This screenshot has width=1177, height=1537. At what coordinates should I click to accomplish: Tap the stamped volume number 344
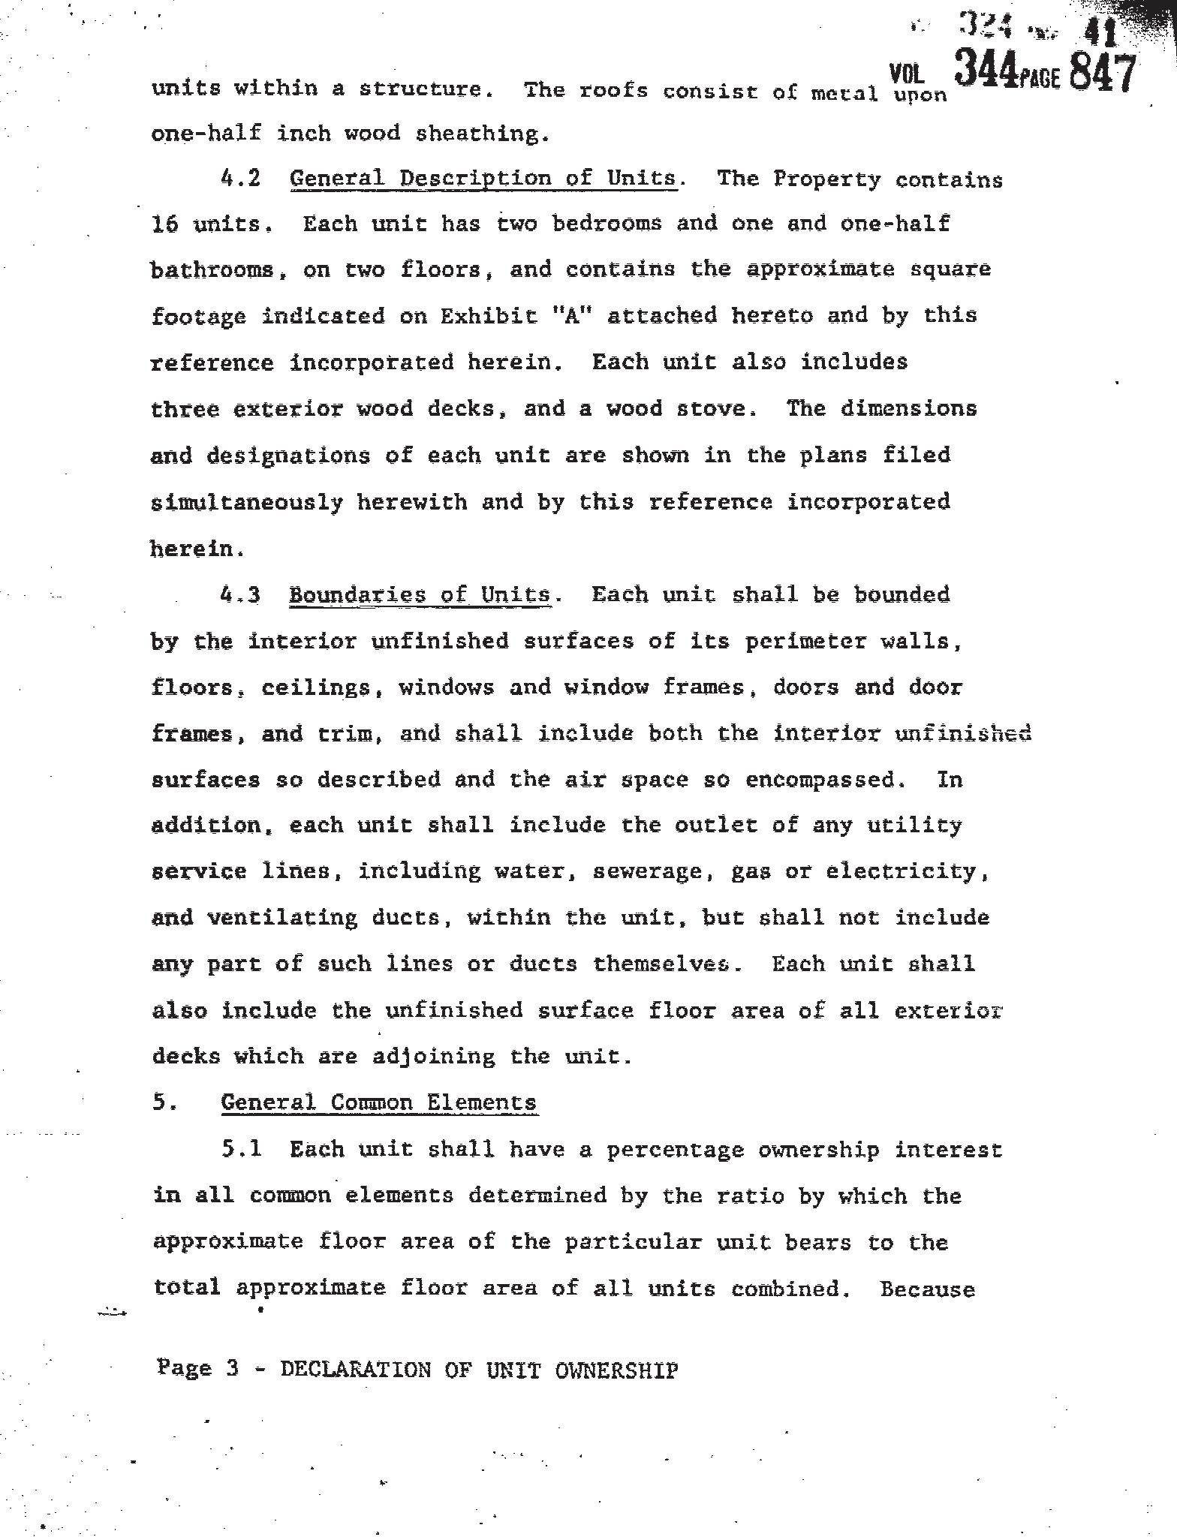[x=985, y=72]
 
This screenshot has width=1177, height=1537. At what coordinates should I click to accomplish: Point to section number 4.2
[x=240, y=179]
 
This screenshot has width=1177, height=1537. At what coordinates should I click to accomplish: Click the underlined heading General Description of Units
[x=483, y=179]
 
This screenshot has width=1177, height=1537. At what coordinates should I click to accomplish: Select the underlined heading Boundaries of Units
[x=420, y=594]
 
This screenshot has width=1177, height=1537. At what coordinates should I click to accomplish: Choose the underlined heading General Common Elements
[x=378, y=1102]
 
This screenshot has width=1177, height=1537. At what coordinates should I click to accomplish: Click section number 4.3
[x=240, y=594]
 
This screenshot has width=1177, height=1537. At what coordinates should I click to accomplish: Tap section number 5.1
[x=241, y=1149]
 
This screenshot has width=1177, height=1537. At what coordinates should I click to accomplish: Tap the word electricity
[x=906, y=871]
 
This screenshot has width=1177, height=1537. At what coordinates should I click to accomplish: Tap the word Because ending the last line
[x=927, y=1289]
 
